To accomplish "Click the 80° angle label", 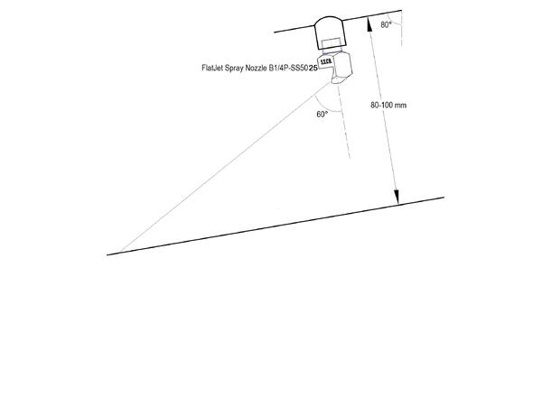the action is coord(386,25).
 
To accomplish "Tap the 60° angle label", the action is coord(322,115).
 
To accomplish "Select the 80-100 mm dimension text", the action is coord(388,105).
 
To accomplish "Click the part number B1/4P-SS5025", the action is coord(294,68).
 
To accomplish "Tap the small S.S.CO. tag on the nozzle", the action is coord(326,61).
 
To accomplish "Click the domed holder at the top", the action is coord(330,32).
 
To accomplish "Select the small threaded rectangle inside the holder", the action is coord(331,43).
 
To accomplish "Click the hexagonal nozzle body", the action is coord(341,68).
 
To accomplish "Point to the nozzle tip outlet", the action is coord(338,80).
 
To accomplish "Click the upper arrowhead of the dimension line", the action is coord(369,23).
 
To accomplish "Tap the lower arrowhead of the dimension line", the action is coord(397,197).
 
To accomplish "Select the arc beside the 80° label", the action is coord(394,22).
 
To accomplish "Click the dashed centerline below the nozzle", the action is coord(344,122).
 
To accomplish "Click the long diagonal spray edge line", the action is coord(226,167).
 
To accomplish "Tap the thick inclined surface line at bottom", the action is coord(275,226).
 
